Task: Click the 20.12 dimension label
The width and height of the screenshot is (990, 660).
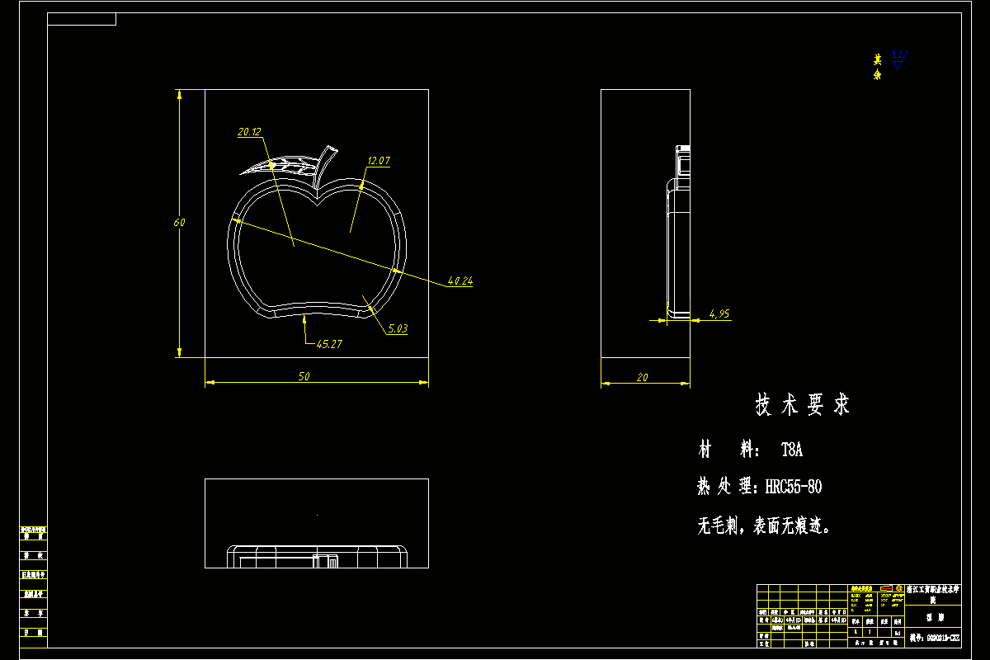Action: [x=249, y=132]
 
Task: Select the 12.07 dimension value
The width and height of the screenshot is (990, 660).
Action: [x=379, y=161]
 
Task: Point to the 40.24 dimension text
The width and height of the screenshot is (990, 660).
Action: [x=460, y=281]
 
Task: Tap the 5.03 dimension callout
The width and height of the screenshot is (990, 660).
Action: [x=398, y=329]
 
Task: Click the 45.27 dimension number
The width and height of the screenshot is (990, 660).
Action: [x=329, y=345]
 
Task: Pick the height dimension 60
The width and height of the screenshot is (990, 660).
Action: [x=179, y=223]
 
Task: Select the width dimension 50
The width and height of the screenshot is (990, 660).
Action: [x=304, y=377]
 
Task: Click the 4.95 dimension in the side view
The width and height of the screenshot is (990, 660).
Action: [x=719, y=314]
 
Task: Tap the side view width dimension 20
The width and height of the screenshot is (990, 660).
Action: [x=643, y=377]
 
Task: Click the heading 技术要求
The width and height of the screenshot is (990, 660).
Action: [x=802, y=405]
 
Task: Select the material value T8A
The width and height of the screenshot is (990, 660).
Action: [x=791, y=450]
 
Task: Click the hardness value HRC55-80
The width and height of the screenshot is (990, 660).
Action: [x=793, y=487]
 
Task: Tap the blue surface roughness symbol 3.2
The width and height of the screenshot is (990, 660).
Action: [x=898, y=59]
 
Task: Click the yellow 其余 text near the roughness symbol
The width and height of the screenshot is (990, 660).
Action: [x=878, y=67]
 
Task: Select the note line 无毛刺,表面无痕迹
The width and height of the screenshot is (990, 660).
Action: [x=764, y=526]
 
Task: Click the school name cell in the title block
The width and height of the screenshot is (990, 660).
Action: [x=933, y=595]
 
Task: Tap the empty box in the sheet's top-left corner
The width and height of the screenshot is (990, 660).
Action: [x=82, y=19]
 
